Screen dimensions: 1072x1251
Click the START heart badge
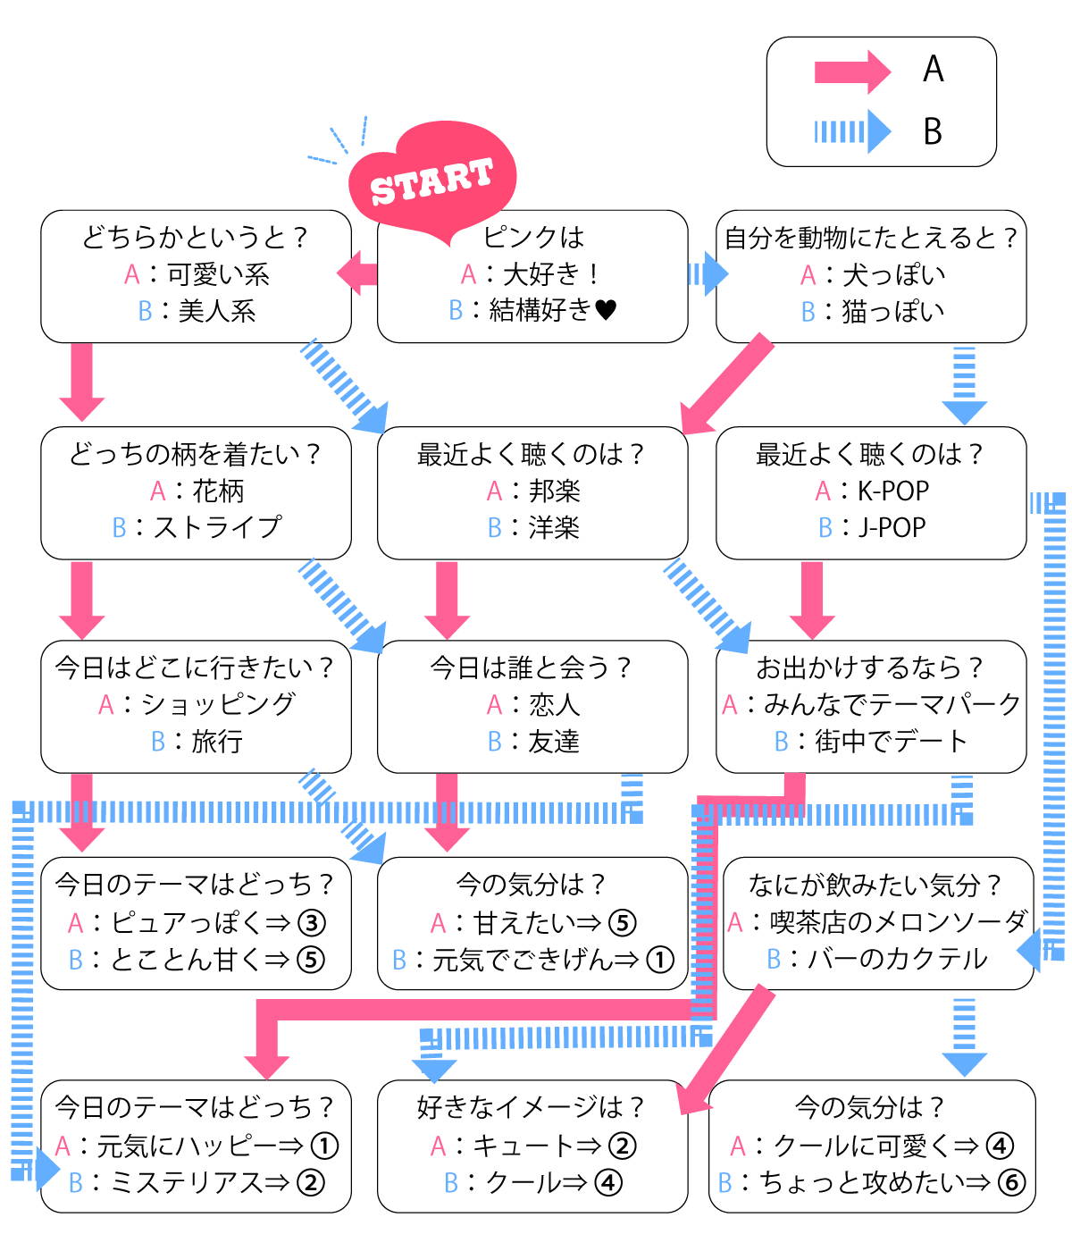coord(432,180)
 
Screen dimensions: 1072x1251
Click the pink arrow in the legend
coord(852,72)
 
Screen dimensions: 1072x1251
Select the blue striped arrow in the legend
coord(852,130)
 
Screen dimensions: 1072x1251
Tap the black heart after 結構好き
coord(605,310)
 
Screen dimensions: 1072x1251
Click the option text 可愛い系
coord(218,274)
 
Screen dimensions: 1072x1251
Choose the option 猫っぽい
coord(893,311)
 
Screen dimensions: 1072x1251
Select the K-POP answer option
coord(893,491)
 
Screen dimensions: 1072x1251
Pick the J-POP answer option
coord(892,527)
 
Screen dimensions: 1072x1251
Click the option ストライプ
coord(217,527)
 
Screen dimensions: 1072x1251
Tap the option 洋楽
coord(554,527)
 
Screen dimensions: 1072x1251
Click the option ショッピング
coord(218,704)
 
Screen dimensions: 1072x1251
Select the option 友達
coord(554,741)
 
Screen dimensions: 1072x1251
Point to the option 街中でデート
coord(892,741)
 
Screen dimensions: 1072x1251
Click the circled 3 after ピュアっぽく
coord(312,922)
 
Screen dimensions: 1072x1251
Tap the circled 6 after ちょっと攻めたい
coord(1011,1182)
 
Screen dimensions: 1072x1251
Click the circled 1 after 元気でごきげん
coord(660,960)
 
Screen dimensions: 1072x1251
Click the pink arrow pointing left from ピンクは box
coord(357,273)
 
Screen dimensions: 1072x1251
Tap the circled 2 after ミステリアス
coord(311,1182)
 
